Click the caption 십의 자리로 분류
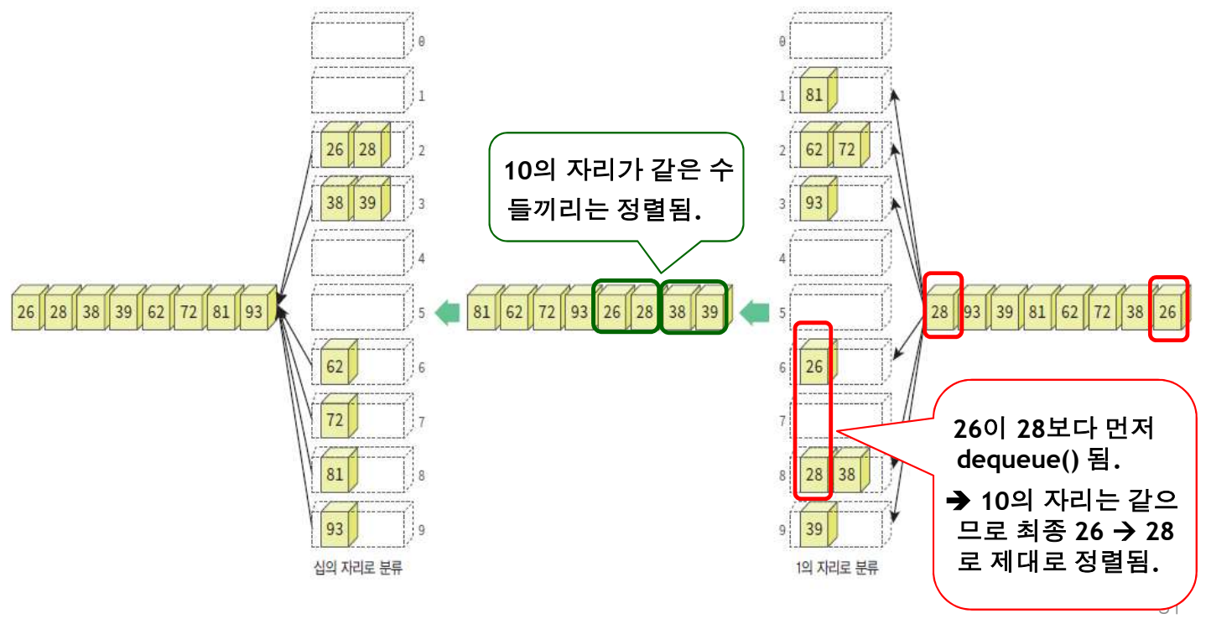pyautogui.click(x=352, y=569)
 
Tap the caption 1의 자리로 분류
pyautogui.click(x=836, y=569)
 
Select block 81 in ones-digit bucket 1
pyautogui.click(x=813, y=95)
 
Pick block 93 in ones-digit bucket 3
pyautogui.click(x=813, y=204)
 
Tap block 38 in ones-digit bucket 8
pyautogui.click(x=847, y=475)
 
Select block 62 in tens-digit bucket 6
pyautogui.click(x=335, y=367)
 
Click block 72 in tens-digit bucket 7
pyautogui.click(x=335, y=420)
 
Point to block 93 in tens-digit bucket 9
pyautogui.click(x=335, y=529)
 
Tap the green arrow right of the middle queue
pyautogui.click(x=756, y=313)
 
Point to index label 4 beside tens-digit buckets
pyautogui.click(x=421, y=258)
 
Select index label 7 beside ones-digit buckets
pyautogui.click(x=782, y=420)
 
